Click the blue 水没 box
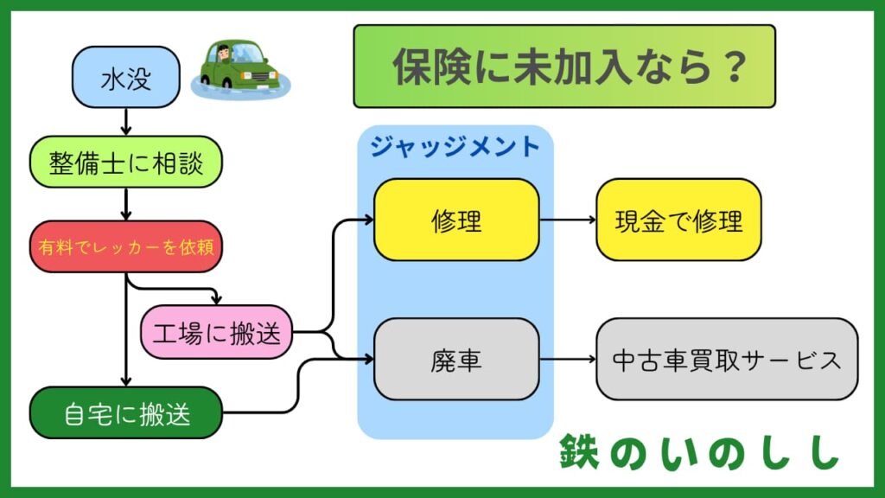126,81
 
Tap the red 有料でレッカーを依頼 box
126,246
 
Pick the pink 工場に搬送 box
216,333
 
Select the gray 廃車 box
456,359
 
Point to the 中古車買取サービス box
727,359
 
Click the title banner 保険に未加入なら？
563,67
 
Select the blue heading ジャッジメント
455,146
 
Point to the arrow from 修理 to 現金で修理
568,220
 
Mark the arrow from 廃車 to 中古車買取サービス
568,359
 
